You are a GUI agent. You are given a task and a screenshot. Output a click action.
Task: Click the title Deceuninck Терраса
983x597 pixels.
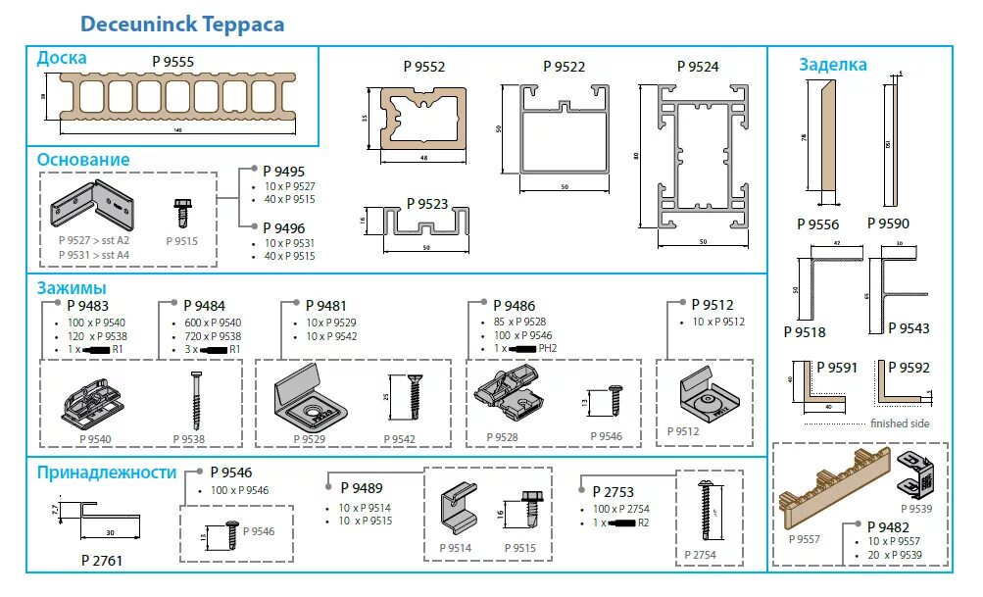[182, 23]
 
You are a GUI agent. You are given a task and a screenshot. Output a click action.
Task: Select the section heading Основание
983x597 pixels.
[83, 159]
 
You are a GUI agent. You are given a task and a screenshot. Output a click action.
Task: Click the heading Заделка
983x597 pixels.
[832, 65]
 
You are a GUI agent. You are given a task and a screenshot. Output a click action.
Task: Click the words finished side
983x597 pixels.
[900, 423]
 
